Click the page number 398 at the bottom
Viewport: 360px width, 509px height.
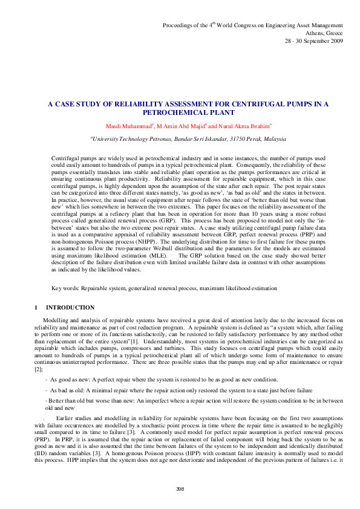point(180,488)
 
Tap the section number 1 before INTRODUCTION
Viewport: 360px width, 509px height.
point(36,308)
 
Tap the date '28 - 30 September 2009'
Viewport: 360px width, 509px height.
point(314,41)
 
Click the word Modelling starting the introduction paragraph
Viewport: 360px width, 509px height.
point(56,319)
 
